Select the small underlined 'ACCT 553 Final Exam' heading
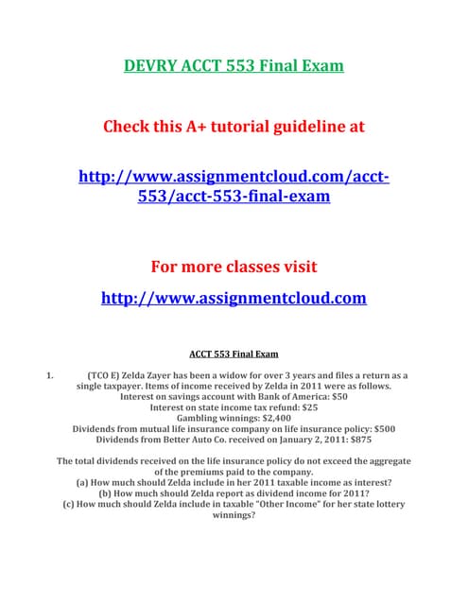[234, 354]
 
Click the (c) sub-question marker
[69, 504]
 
